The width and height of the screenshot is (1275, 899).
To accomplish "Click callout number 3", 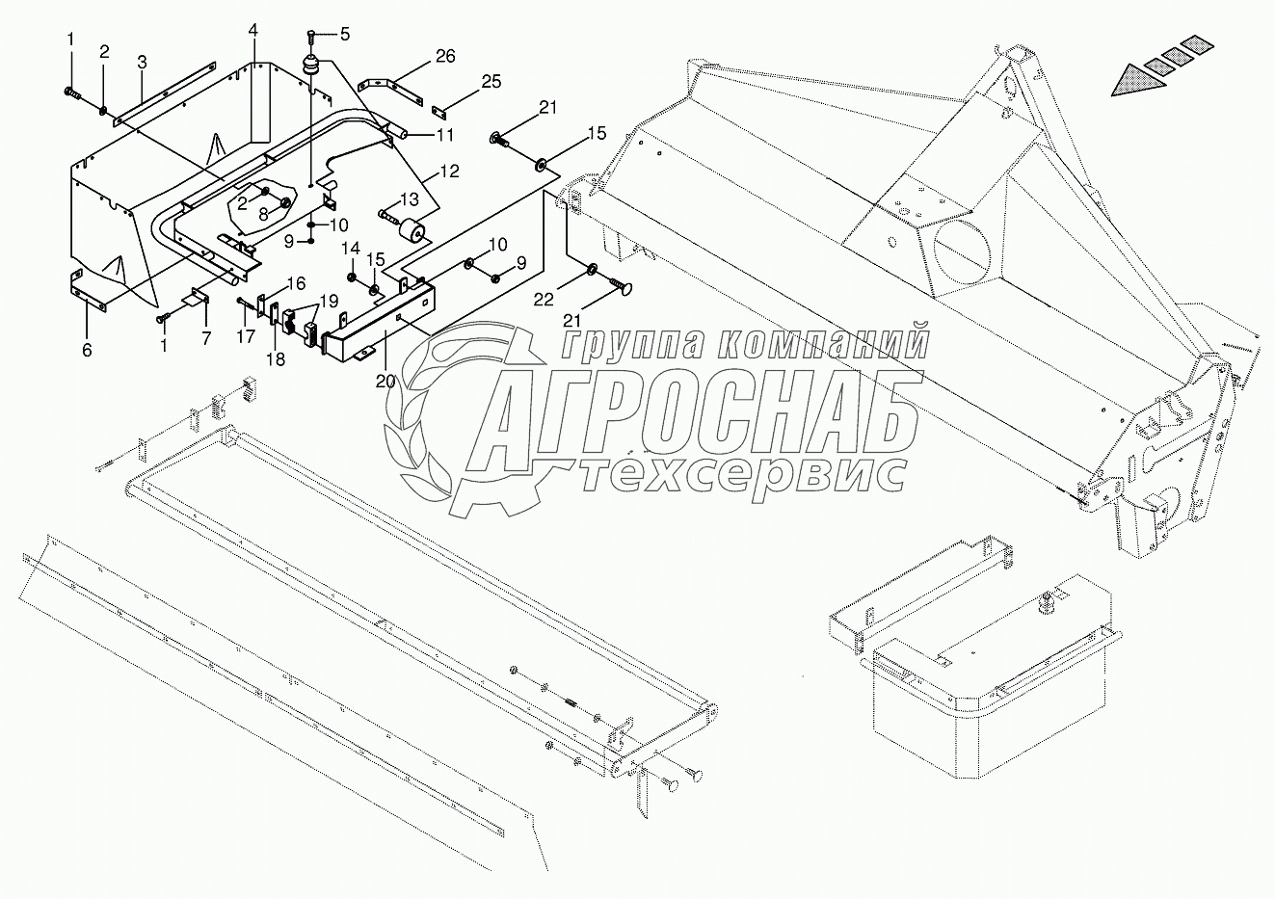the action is click(142, 63).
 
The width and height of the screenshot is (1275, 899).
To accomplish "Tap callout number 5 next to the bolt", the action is click(344, 34).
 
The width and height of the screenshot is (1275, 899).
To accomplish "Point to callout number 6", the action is click(87, 350).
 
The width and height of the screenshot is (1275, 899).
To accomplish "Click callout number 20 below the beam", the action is click(385, 381).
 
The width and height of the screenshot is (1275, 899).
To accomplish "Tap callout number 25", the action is click(491, 82).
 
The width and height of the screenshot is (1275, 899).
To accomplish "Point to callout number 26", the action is click(444, 57).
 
